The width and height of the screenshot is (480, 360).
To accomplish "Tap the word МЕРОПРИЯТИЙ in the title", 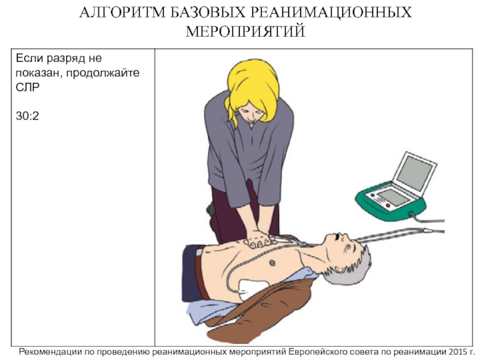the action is click(245, 32).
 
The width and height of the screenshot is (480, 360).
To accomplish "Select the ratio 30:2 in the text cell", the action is click(27, 116).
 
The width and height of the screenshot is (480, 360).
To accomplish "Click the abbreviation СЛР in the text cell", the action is click(28, 87).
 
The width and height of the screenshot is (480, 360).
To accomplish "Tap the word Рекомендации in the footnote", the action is click(50, 352).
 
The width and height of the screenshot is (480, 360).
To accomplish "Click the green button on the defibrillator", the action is click(373, 194).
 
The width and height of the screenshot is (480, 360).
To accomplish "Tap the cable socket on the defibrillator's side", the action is click(410, 214).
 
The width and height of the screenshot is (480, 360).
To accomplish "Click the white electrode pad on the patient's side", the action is click(251, 289).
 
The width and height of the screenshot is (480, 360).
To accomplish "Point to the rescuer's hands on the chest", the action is click(259, 239).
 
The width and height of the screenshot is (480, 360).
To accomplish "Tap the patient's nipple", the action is click(272, 263).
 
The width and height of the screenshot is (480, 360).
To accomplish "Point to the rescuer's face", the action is click(250, 115).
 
